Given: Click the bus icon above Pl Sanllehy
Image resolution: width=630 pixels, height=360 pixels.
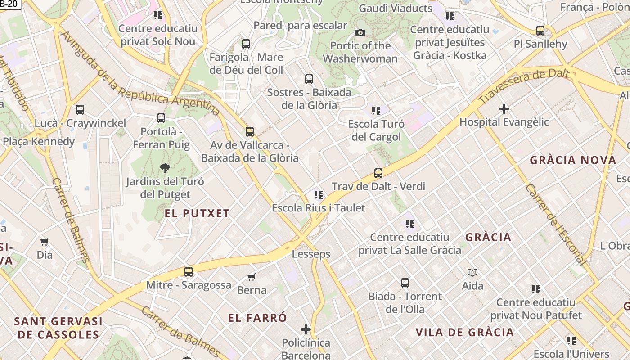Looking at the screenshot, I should (540, 31).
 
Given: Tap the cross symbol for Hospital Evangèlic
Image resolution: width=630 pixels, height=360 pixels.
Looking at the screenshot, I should (504, 109).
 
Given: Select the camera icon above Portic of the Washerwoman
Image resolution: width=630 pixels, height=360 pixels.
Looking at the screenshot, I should (360, 32).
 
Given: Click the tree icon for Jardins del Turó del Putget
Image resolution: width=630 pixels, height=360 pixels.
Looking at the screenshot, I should (165, 168).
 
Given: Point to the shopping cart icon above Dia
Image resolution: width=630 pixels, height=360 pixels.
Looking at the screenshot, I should (45, 242).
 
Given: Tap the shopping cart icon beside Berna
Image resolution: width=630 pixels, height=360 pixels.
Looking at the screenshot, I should (252, 277).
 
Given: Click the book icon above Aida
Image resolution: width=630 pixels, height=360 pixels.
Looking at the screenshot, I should (472, 272).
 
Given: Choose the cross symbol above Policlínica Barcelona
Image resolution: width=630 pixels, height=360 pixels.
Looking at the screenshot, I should (306, 329).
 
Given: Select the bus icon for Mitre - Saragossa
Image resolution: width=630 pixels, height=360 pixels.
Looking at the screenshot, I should (189, 272).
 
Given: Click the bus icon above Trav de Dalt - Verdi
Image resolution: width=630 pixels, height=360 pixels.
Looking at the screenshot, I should (378, 173).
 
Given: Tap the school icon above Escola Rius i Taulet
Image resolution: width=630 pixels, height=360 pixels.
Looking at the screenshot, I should (319, 195).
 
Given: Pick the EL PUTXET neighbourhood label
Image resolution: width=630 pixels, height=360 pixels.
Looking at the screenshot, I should (197, 214).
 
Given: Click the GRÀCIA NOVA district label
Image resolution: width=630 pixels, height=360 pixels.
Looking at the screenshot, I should (573, 160).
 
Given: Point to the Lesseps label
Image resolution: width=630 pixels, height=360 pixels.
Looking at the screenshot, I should (311, 254).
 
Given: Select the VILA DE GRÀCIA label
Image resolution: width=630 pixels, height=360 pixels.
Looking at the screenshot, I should (464, 333).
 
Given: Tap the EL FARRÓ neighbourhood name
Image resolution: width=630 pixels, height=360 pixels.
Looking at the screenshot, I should (257, 318).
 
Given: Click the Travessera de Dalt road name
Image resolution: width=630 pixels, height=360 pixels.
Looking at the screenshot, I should (524, 87).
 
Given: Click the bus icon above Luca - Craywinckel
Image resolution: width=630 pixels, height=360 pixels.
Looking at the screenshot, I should (80, 110).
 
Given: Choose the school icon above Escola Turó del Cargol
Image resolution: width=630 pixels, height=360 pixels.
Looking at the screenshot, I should (376, 111).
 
